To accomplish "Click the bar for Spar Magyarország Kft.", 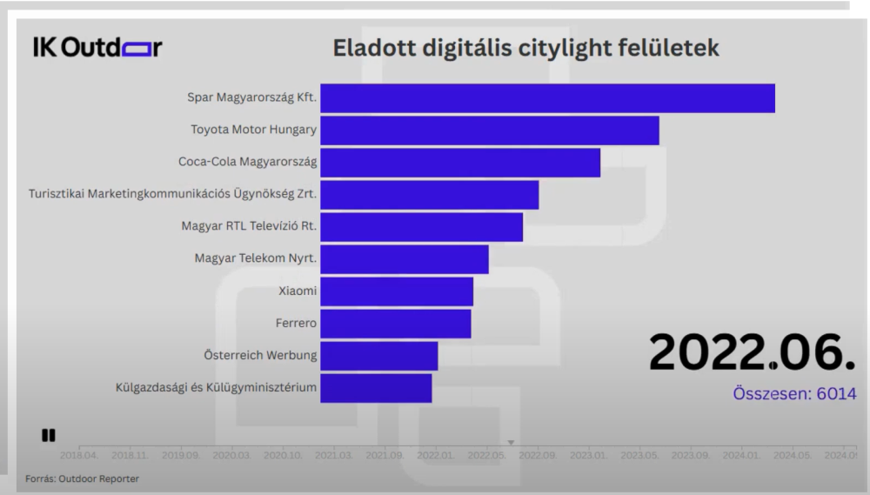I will [547, 98].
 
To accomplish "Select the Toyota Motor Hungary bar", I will [489, 130].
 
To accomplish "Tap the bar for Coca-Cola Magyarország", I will [460, 163].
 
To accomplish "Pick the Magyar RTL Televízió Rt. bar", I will [421, 227].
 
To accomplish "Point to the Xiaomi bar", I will [397, 291].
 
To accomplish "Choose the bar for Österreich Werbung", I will [378, 356].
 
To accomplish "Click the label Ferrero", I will [296, 324].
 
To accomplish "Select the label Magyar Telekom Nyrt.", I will [256, 259].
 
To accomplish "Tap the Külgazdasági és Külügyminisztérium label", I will [216, 388].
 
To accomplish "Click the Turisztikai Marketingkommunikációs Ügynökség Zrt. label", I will [172, 195].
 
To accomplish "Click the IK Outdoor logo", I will [97, 48].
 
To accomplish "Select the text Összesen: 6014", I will [788, 393].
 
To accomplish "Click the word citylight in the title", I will [542, 48].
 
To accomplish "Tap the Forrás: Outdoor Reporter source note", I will [81, 478].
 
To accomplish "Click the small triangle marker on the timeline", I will [512, 443].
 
